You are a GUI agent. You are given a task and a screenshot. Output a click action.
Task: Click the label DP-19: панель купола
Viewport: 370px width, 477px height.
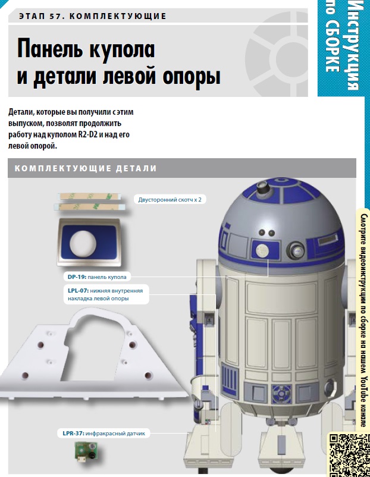click(x=97, y=277)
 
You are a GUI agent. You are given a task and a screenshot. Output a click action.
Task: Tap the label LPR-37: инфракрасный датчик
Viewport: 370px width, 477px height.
click(x=104, y=433)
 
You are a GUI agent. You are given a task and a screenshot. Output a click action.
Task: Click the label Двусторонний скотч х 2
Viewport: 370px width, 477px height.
click(x=170, y=200)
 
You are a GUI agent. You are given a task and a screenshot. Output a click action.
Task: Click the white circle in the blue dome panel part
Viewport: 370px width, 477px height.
click(x=83, y=243)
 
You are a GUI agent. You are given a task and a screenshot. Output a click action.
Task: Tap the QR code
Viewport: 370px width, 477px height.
click(x=349, y=455)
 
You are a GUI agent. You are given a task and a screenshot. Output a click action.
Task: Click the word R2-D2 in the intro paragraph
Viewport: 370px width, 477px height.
click(x=87, y=134)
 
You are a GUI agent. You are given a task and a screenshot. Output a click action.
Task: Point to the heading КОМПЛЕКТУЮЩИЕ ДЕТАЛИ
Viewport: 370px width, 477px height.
click(x=86, y=168)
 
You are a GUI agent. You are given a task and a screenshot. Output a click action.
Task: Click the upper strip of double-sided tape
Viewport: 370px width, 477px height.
click(x=89, y=196)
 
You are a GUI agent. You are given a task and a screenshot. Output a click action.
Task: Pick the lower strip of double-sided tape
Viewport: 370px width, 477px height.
click(x=88, y=207)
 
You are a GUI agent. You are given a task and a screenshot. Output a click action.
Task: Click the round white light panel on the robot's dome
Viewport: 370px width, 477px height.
click(x=262, y=250)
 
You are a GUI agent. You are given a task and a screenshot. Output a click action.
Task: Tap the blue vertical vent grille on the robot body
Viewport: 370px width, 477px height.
click(x=230, y=379)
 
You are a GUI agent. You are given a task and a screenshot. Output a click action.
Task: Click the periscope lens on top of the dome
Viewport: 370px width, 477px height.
click(x=262, y=185)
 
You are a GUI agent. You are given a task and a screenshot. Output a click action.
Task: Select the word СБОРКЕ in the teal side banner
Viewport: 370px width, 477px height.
click(x=332, y=47)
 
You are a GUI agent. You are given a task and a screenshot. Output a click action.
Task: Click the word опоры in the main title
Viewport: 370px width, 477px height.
click(x=192, y=77)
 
